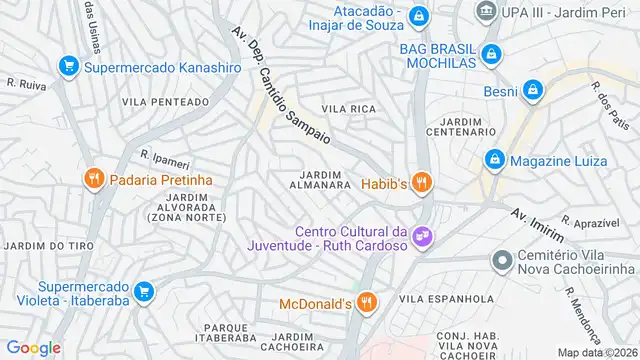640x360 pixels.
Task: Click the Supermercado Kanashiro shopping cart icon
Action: pos(69,66)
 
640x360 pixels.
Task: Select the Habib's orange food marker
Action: pos(422,182)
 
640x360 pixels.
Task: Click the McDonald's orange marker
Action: pos(367,300)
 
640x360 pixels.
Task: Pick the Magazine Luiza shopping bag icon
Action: pos(494,159)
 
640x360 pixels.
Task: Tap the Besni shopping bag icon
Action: pos(534,90)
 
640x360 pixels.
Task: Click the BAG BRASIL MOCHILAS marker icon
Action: pos(490,54)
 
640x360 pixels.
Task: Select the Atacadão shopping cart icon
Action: pos(419,15)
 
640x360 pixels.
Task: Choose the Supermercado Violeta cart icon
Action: pos(144,291)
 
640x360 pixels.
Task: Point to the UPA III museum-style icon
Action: pos(486,11)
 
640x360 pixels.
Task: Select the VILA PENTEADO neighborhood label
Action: pos(165,102)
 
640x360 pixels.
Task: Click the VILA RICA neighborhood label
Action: pos(348,108)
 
